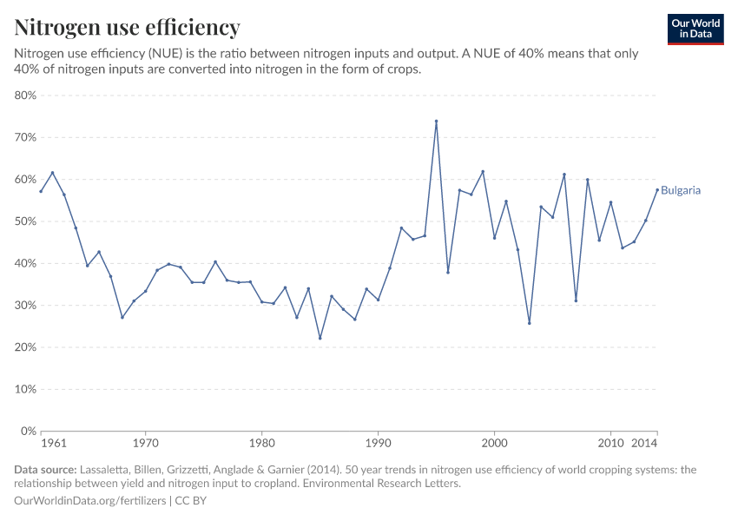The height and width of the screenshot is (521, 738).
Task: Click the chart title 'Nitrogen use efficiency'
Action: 128,28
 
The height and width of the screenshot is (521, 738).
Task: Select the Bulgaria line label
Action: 681,190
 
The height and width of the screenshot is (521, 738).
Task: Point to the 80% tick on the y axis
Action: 25,96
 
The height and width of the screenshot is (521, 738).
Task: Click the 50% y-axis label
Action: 25,221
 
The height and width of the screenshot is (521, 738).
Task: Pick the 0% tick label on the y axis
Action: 28,431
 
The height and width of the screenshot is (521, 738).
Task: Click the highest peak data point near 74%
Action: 436,122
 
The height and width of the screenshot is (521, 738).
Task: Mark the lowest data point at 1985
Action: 320,338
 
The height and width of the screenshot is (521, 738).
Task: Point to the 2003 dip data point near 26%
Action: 529,323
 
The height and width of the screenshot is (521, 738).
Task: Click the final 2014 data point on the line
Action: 657,190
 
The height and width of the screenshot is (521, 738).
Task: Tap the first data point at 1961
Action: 41,191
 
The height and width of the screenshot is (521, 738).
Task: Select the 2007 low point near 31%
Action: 576,301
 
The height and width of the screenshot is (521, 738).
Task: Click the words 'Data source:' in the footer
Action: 45,470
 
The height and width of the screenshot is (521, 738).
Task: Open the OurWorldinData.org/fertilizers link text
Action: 91,501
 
